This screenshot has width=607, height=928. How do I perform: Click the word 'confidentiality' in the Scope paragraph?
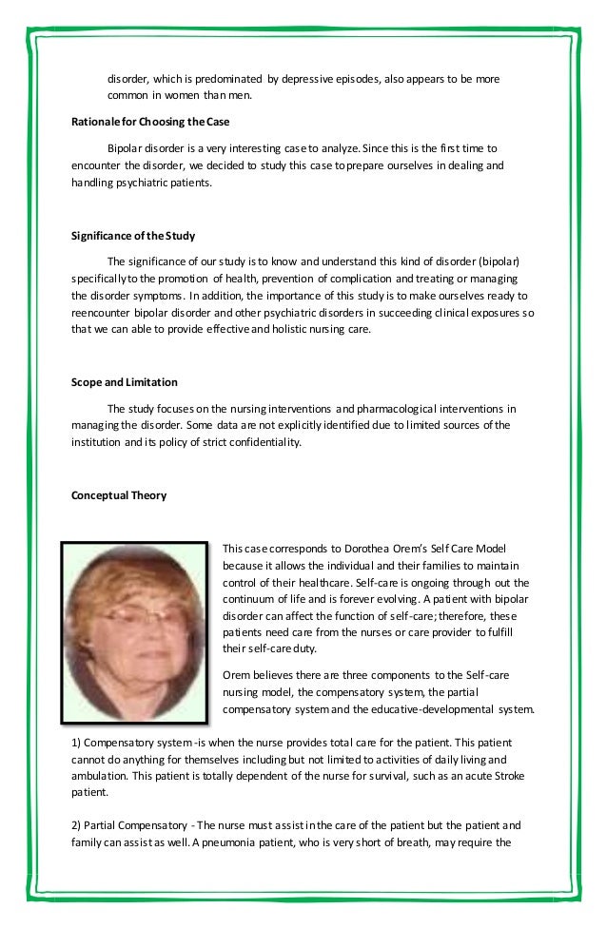coord(264,441)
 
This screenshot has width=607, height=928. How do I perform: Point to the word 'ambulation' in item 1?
coord(101,775)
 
